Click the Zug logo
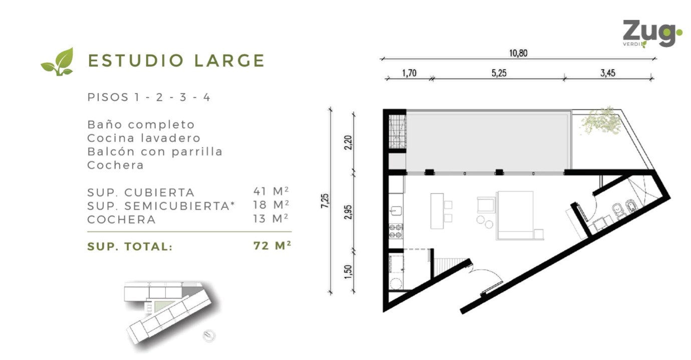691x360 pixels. click(x=652, y=34)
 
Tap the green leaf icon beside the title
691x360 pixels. click(x=58, y=62)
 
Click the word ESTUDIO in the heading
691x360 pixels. click(x=136, y=60)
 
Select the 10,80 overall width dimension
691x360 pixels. click(x=518, y=53)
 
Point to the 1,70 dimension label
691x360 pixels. click(x=409, y=73)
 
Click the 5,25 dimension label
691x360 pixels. click(x=499, y=73)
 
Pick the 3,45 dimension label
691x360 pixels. click(x=608, y=73)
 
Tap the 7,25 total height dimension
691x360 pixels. click(x=325, y=201)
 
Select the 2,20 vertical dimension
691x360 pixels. click(x=348, y=142)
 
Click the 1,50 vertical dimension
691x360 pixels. click(x=348, y=272)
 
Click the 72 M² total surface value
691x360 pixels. click(x=272, y=246)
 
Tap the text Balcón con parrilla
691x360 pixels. click(x=155, y=151)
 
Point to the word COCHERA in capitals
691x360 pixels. click(x=122, y=220)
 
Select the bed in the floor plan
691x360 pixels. click(x=515, y=215)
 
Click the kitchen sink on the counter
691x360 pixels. click(x=396, y=211)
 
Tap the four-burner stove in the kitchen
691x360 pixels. click(x=395, y=231)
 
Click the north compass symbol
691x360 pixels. click(x=209, y=335)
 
